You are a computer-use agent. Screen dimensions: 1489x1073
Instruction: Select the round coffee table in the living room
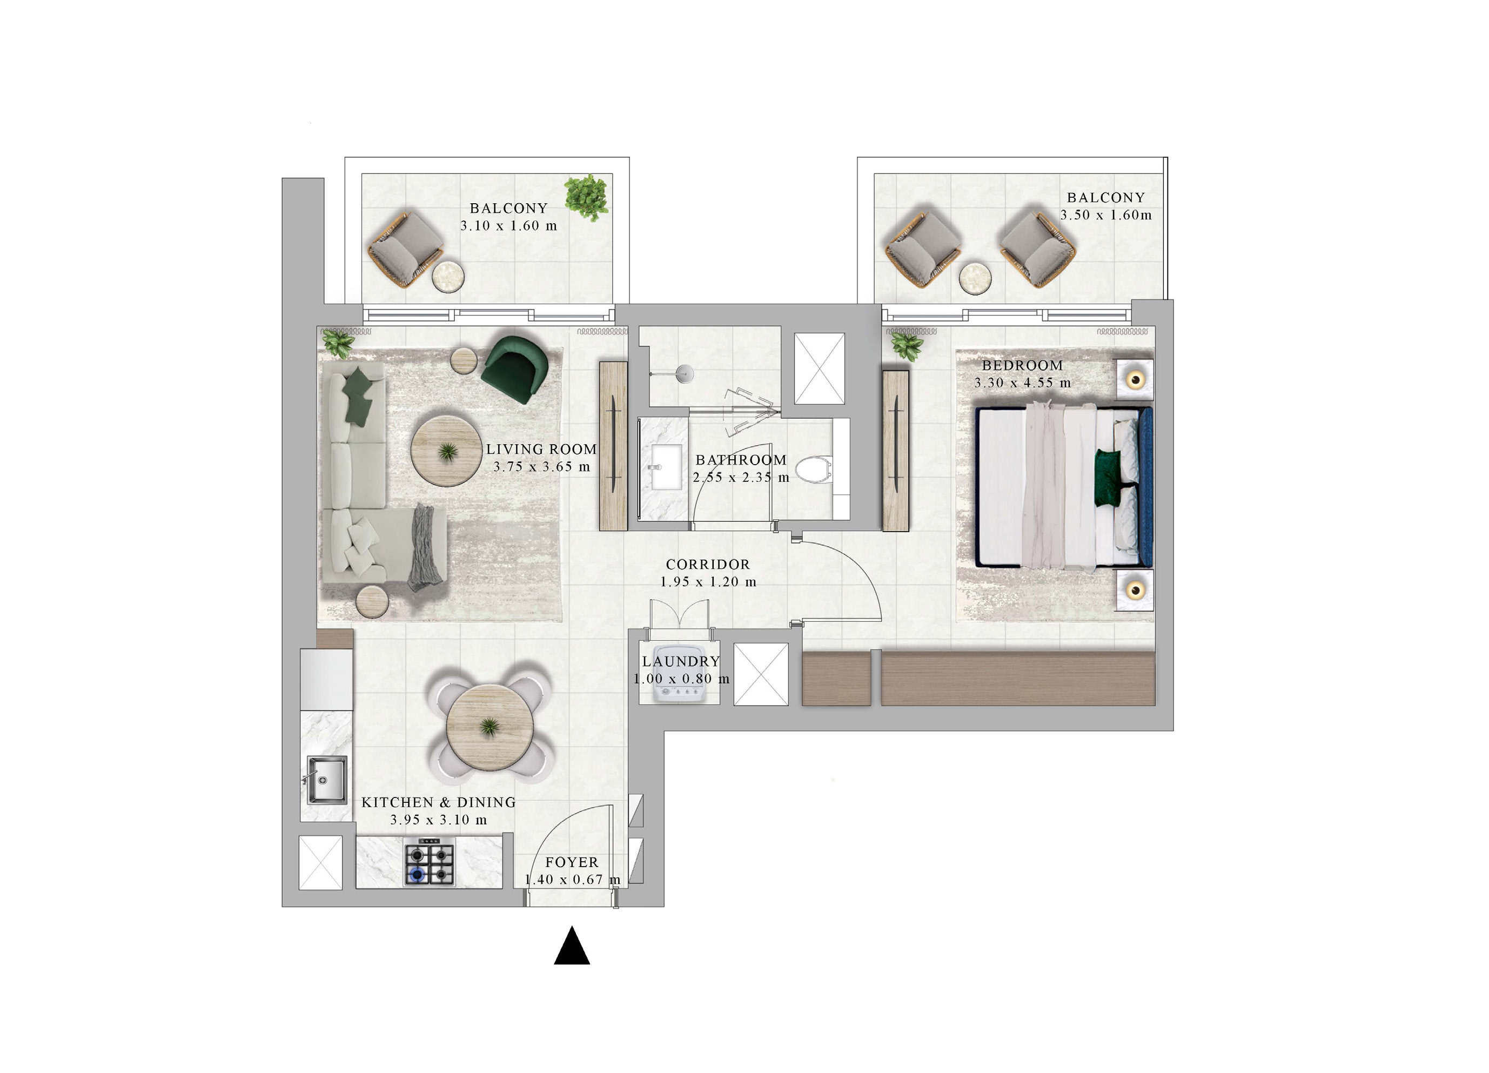coord(446,451)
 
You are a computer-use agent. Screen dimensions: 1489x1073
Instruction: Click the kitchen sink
coord(327,780)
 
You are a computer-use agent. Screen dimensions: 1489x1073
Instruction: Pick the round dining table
coord(489,728)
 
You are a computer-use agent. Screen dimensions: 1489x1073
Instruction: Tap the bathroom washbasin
coord(665,466)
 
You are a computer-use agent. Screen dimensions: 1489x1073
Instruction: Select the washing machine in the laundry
coord(680,686)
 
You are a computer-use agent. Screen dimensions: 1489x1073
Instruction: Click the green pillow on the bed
coord(1108,478)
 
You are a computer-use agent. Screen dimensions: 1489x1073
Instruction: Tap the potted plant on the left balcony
coord(587,196)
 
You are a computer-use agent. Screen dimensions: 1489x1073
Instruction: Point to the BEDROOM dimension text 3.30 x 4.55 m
coord(1022,383)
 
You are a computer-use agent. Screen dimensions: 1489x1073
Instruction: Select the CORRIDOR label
coord(708,564)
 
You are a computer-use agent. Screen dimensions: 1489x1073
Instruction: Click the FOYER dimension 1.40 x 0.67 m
coord(572,879)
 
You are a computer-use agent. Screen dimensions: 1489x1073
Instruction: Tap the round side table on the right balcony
coord(975,278)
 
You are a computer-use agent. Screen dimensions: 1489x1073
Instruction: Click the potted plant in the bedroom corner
coord(907,345)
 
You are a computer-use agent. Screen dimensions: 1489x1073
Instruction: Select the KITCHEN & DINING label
coord(439,802)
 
